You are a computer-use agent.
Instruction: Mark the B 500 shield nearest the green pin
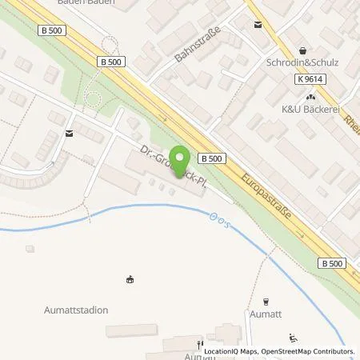coord(210,158)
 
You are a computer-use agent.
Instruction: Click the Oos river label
coord(218,221)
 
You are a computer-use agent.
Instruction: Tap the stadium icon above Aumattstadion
coord(130,279)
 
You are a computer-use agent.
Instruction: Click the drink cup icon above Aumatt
coord(266,302)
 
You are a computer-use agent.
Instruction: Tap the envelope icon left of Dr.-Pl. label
coord(71,132)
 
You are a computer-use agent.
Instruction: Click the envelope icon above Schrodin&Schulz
coord(257,25)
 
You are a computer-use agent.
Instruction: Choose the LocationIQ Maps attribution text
coord(234,351)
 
